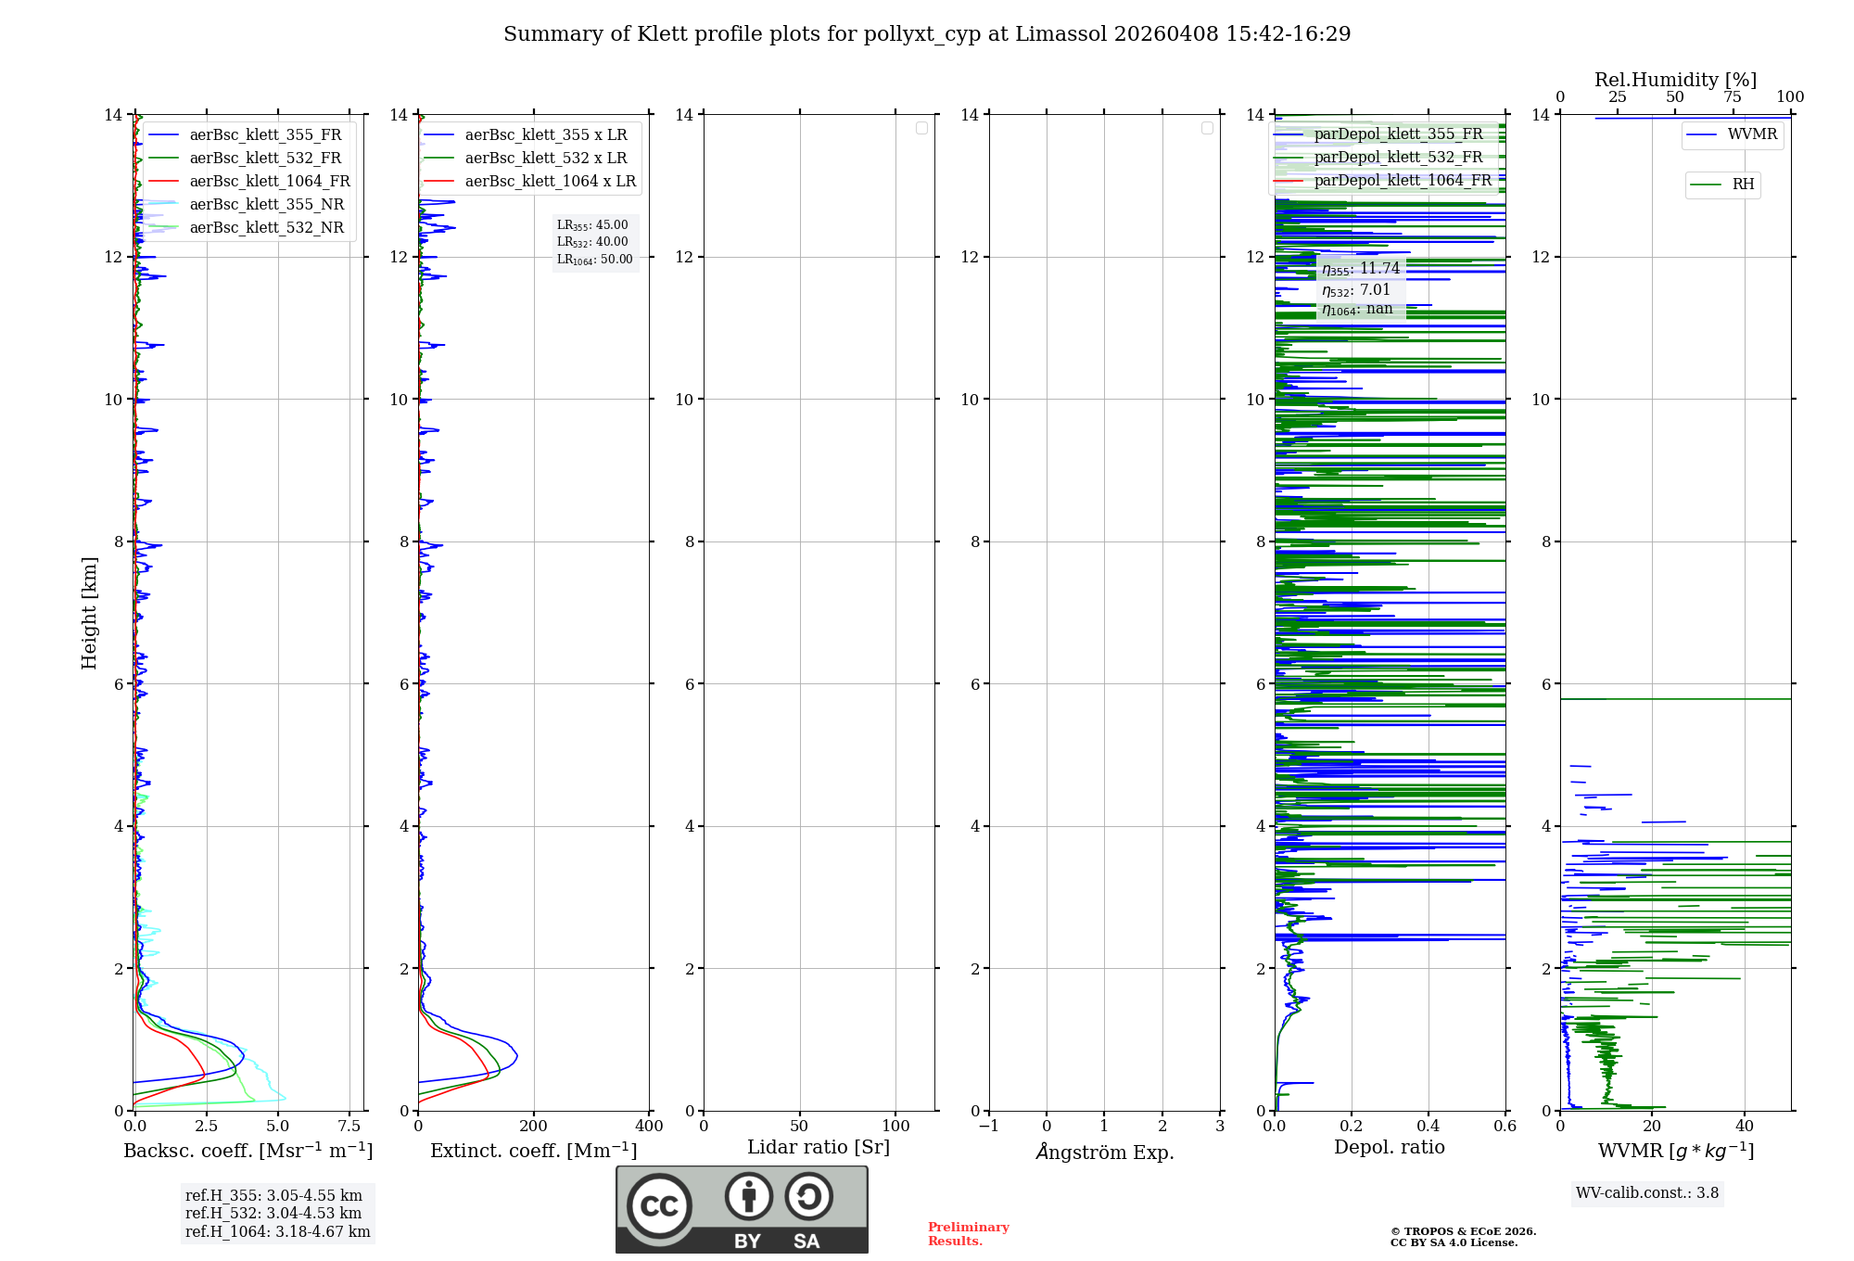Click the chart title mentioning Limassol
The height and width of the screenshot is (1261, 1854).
927,34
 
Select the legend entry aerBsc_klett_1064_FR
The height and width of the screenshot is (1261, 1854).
269,182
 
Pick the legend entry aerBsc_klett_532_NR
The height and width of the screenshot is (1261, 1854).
266,228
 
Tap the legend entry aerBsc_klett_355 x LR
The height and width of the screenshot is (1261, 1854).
545,135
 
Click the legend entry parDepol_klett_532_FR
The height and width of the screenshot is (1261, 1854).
1398,158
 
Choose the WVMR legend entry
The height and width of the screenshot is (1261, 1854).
1751,134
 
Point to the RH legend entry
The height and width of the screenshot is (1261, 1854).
1742,185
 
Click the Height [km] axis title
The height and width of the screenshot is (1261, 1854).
89,612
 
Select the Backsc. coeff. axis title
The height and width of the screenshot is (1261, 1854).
248,1151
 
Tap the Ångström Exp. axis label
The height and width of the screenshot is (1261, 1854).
1104,1152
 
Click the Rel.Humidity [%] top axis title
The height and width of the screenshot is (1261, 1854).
1675,80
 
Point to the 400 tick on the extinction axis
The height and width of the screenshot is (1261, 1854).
649,1127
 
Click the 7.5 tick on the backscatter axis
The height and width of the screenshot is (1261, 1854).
349,1127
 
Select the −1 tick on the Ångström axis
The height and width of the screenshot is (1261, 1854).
989,1127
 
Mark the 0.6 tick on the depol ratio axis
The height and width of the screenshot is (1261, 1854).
1505,1127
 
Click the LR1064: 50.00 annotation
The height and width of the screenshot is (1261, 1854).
594,260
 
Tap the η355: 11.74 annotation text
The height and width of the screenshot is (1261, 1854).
1360,269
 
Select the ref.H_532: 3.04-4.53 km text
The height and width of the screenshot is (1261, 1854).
273,1214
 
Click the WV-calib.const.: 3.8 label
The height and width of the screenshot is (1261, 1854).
1646,1193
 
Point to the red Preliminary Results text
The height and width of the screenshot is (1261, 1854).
968,1234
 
